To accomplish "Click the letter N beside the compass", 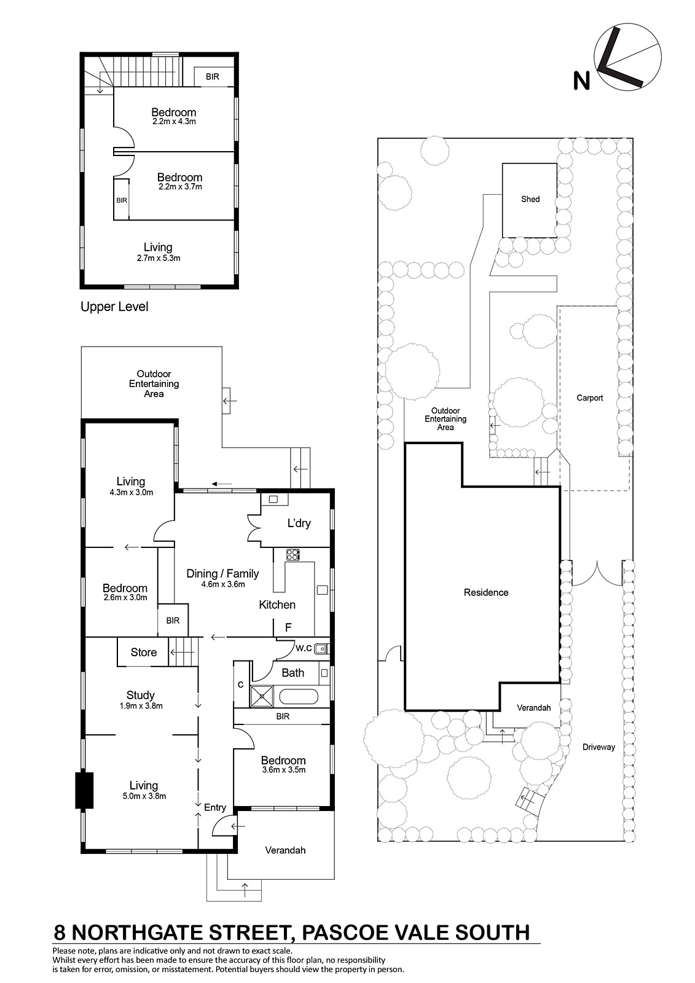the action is pyautogui.click(x=581, y=81).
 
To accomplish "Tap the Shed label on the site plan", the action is pyautogui.click(x=530, y=199).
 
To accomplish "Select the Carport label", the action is pyautogui.click(x=590, y=398).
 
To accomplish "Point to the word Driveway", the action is pyautogui.click(x=599, y=747).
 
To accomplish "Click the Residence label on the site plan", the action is pyautogui.click(x=486, y=592).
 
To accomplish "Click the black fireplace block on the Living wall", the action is pyautogui.click(x=84, y=790).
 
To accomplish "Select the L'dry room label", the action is pyautogui.click(x=299, y=523).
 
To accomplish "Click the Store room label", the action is pyautogui.click(x=144, y=652).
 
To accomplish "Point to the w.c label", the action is pyautogui.click(x=304, y=648).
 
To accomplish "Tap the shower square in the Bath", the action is pyautogui.click(x=262, y=697).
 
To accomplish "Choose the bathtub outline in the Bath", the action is pyautogui.click(x=299, y=697).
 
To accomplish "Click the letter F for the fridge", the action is pyautogui.click(x=288, y=627).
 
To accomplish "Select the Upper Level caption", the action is pyautogui.click(x=114, y=307).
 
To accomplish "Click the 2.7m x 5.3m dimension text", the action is pyautogui.click(x=159, y=258).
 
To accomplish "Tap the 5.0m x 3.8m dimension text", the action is pyautogui.click(x=144, y=796).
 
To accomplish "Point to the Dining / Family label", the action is pyautogui.click(x=222, y=574).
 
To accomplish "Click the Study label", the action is pyautogui.click(x=141, y=695).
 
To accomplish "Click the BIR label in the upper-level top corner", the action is pyautogui.click(x=213, y=77).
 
